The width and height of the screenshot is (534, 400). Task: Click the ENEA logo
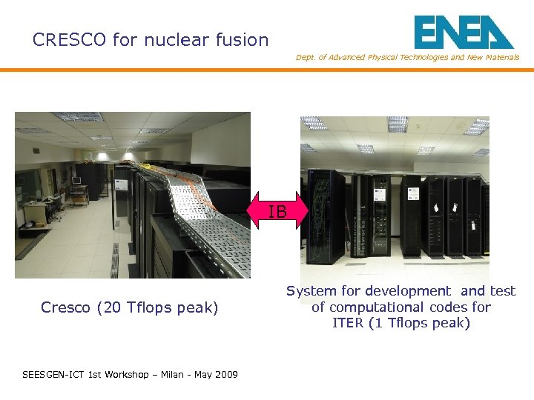coord(464,33)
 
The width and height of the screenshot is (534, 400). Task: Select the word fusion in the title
coord(241,40)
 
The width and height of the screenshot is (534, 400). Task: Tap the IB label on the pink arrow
coord(277,212)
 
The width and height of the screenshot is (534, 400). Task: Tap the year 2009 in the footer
coord(225,375)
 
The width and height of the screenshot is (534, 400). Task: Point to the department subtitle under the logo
coord(407,57)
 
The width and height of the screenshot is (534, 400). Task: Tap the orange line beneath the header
coord(267,70)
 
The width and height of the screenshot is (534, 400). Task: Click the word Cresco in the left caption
coord(66,307)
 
